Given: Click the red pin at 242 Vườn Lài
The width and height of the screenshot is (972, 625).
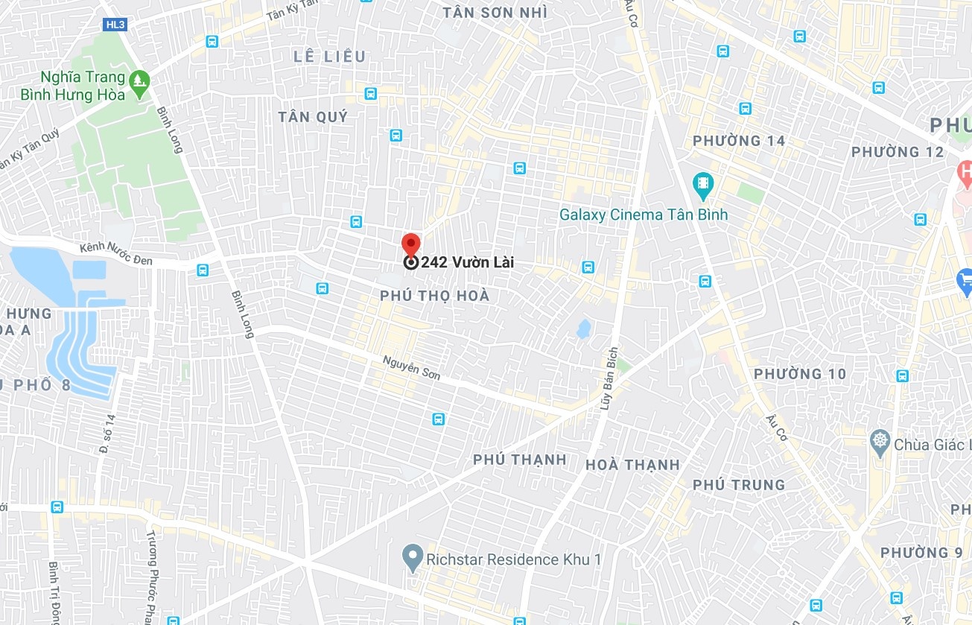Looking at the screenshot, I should tap(410, 244).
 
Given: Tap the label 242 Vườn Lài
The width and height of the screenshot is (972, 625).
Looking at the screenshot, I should tap(467, 262).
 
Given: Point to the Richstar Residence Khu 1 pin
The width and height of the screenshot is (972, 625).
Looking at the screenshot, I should tap(412, 556).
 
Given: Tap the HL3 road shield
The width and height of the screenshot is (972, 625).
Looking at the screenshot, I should tap(115, 25).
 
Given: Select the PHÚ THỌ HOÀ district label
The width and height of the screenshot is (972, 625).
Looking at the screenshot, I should tap(435, 296).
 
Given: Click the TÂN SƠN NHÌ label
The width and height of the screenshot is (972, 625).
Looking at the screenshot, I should tap(495, 13).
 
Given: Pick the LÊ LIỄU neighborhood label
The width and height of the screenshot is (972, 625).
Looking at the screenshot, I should tap(330, 57).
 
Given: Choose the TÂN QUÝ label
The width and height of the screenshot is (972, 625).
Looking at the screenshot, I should tap(313, 117).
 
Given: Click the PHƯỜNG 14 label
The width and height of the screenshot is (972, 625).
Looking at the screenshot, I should tap(739, 141).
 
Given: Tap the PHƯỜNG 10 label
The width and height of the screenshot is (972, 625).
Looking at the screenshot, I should tap(800, 374).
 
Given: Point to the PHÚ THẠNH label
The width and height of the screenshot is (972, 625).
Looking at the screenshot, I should tap(520, 460).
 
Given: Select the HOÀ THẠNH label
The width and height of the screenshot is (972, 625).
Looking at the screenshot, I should tap(632, 465).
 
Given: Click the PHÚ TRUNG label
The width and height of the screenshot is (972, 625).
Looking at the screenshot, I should tap(739, 485).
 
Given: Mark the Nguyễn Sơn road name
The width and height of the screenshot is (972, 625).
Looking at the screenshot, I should tap(411, 367).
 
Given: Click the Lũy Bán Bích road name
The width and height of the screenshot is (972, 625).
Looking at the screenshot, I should tap(609, 379).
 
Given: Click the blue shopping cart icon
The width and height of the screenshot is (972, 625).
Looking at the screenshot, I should tap(965, 281).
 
